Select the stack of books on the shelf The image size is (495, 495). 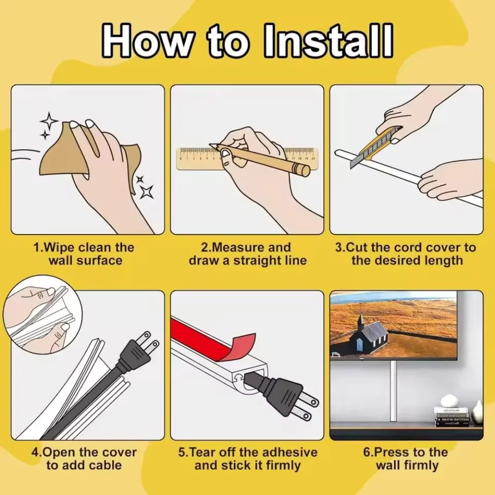pyautogui.click(x=451, y=417)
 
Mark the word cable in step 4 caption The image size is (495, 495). pyautogui.click(x=105, y=465)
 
